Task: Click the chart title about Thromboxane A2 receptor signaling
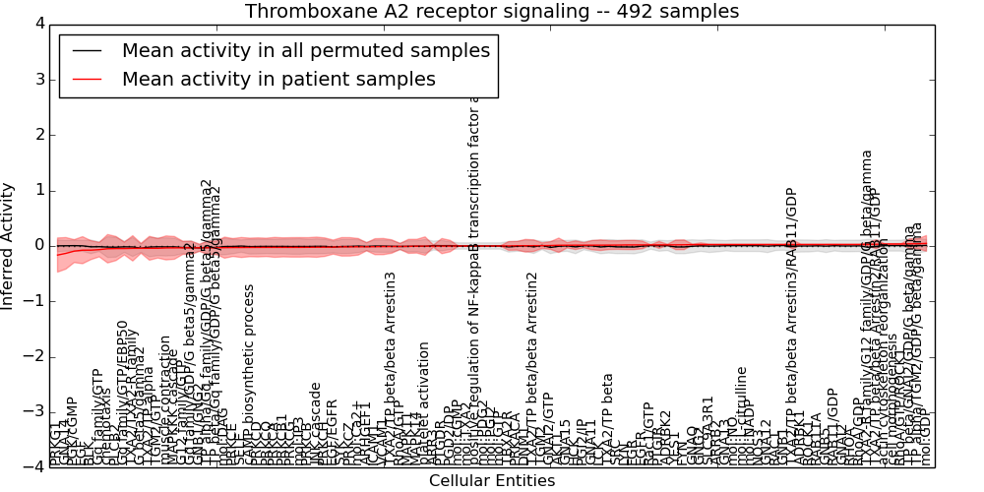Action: click(491, 12)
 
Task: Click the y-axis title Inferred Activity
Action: click(9, 245)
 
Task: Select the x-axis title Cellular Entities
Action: click(491, 481)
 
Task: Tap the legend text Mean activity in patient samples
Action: click(278, 80)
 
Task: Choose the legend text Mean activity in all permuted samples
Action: click(305, 50)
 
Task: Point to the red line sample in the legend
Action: click(87, 80)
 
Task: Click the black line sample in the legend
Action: click(87, 50)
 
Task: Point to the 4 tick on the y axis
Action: click(37, 24)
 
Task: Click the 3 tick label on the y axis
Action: click(37, 79)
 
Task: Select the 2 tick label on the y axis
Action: click(37, 135)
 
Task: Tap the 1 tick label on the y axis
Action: click(37, 190)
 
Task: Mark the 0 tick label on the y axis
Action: click(37, 245)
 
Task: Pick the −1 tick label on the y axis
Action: click(32, 301)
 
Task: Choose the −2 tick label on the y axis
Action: click(32, 356)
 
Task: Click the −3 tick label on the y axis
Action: click(32, 411)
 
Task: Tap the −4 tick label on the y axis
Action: click(32, 466)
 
